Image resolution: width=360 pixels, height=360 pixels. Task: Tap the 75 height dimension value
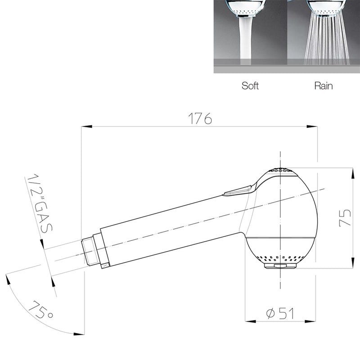tap(345, 219)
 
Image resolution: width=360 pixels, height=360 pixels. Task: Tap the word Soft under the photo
tap(250, 86)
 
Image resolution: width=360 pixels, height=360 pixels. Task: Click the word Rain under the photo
tap(324, 86)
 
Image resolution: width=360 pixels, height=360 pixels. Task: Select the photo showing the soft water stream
tap(250, 36)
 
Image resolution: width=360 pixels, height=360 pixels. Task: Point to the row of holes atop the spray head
tap(280, 171)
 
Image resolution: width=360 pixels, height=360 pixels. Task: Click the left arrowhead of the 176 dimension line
tap(85, 127)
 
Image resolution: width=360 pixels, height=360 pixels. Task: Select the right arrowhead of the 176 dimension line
tap(314, 127)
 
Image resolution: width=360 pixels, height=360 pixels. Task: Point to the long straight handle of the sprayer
tap(171, 225)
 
